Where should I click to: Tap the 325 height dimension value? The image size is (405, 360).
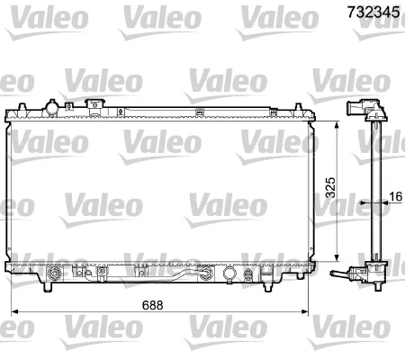pyautogui.click(x=330, y=187)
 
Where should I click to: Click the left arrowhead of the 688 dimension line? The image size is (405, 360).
pyautogui.click(x=13, y=313)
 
